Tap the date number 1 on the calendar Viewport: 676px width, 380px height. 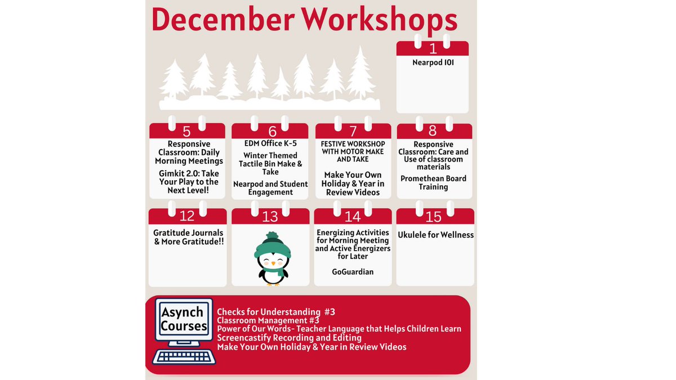point(433,49)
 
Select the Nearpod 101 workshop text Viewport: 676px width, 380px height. point(433,62)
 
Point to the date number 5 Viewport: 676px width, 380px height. point(186,132)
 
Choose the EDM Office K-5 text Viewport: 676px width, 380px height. point(270,144)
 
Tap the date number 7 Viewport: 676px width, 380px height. point(353,132)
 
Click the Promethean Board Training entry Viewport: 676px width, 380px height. point(433,182)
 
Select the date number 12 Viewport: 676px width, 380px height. point(186,216)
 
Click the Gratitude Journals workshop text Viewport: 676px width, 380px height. point(188,237)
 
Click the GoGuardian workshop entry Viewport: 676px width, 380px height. point(353,272)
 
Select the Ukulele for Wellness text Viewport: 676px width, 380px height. point(435,235)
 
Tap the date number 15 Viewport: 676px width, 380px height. point(434,216)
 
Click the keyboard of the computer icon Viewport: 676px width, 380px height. point(184,356)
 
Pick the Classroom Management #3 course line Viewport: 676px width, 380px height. point(268,320)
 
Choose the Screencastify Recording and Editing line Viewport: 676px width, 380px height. point(289,338)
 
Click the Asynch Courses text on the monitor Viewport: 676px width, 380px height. point(184,319)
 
